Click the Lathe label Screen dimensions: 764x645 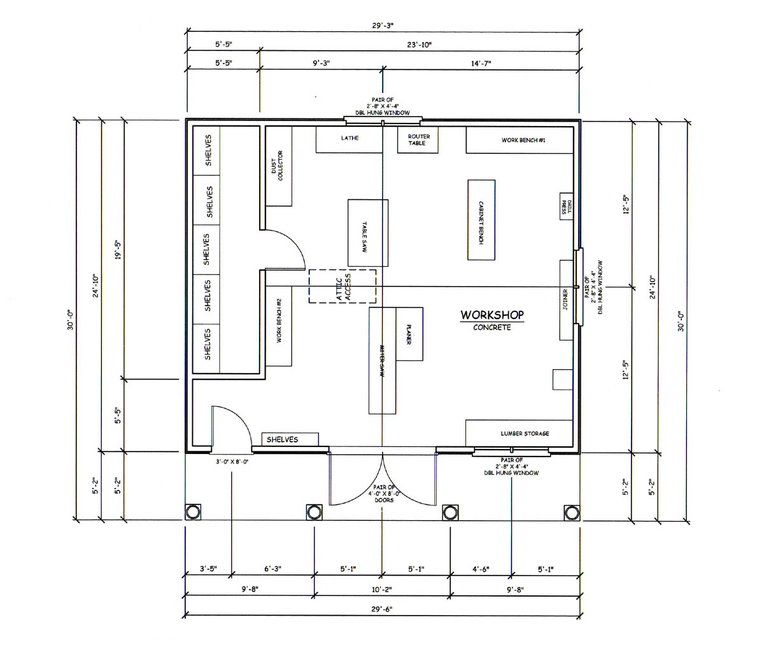(x=350, y=138)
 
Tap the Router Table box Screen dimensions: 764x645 (x=418, y=140)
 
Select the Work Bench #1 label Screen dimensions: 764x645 (x=523, y=140)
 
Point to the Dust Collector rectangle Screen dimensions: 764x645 (x=278, y=166)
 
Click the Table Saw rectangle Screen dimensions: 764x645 (x=368, y=233)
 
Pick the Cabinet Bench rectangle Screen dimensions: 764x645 (x=481, y=220)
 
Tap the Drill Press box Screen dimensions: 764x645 (x=566, y=206)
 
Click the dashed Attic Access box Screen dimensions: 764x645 (x=342, y=287)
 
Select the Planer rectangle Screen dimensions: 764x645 (x=409, y=334)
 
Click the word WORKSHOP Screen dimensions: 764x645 (x=492, y=315)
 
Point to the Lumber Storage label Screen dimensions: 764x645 (x=525, y=434)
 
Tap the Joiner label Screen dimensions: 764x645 (x=565, y=300)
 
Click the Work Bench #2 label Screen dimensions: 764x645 (x=279, y=321)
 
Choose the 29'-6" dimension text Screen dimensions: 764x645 (x=381, y=609)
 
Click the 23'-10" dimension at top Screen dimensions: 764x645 (x=420, y=45)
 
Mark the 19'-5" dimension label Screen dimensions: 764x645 (x=118, y=250)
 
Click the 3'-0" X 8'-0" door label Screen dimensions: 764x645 (x=232, y=462)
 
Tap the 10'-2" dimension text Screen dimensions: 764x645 (x=381, y=590)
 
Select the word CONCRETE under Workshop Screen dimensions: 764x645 (x=492, y=327)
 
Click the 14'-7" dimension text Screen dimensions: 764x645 (x=481, y=63)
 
